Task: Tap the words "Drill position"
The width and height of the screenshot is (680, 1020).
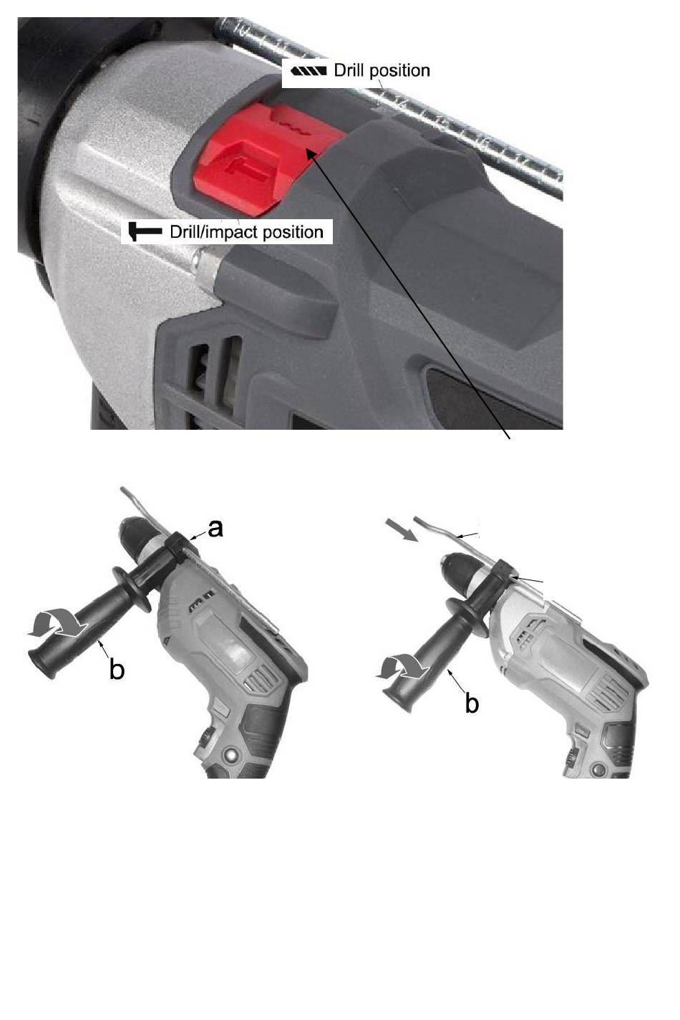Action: pyautogui.click(x=382, y=71)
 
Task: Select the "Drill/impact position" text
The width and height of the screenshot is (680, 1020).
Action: pyautogui.click(x=246, y=232)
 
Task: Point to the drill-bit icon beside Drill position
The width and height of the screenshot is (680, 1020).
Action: pyautogui.click(x=309, y=71)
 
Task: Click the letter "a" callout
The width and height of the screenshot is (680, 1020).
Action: pyautogui.click(x=215, y=529)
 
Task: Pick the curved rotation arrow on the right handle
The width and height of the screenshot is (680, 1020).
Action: pyautogui.click(x=402, y=667)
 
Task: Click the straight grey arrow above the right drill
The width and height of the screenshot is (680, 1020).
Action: pyautogui.click(x=402, y=529)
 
